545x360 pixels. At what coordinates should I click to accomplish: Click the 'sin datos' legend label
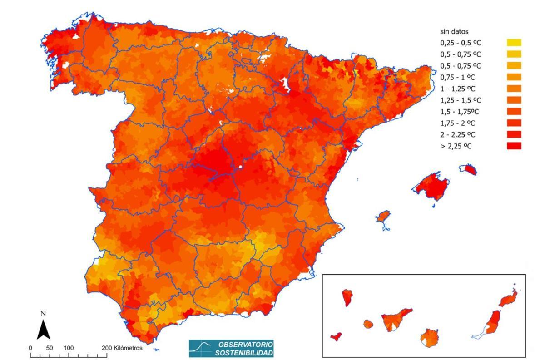454,32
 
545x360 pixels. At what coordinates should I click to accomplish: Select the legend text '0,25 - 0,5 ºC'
460,43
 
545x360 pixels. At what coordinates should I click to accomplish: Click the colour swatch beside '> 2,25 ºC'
514,146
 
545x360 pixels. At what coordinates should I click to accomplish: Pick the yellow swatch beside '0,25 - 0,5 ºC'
514,43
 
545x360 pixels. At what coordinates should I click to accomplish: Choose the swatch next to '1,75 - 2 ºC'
514,123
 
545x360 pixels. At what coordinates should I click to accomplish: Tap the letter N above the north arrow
43,313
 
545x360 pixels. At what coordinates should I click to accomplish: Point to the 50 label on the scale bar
49,348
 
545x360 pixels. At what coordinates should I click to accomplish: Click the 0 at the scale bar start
30,348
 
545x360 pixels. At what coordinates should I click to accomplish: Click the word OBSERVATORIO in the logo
246,344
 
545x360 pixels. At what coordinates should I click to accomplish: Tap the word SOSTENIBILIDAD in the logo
244,353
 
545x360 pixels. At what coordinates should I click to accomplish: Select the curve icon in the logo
202,348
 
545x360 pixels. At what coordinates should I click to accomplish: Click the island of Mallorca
431,186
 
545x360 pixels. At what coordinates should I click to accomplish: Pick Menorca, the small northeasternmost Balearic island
468,170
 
